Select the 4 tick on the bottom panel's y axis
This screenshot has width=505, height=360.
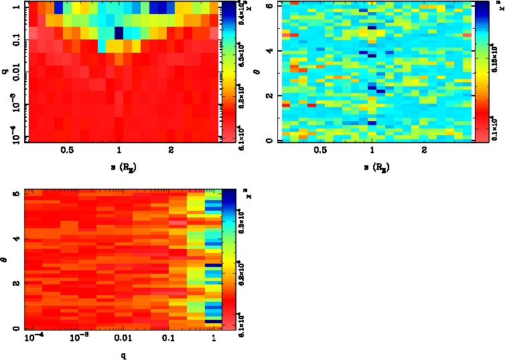tap(16, 238)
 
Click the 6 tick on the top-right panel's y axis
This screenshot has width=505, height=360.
tap(269, 5)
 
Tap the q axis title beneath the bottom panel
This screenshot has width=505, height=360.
tap(125, 355)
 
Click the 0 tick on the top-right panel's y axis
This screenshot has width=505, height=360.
tap(269, 141)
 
